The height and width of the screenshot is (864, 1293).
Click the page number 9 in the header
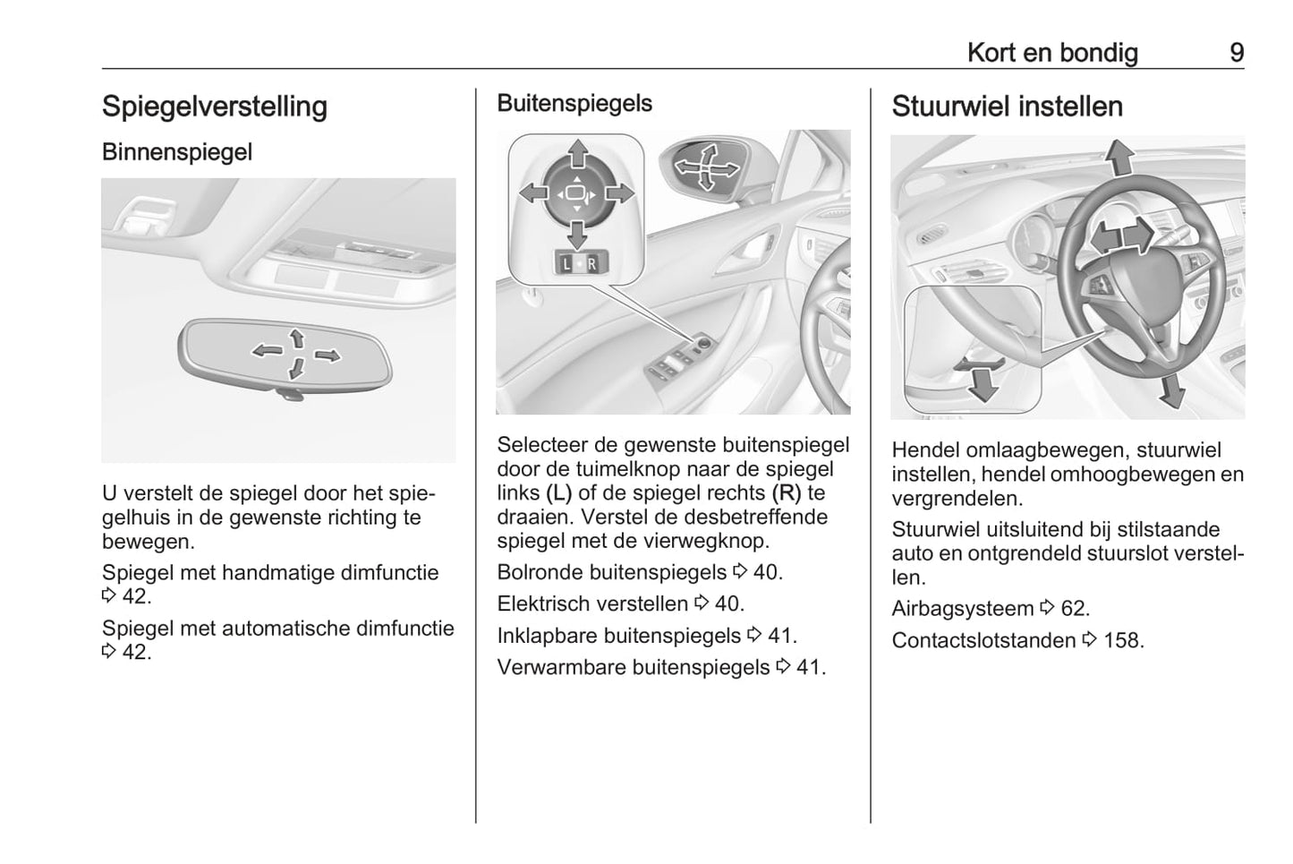(x=1236, y=53)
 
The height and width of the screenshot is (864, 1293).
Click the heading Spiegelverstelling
(x=215, y=107)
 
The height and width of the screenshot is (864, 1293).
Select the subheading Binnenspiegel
(x=177, y=152)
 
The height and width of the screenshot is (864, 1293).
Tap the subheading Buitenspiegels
(x=574, y=104)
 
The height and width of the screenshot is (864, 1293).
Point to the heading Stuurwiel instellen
(x=1007, y=107)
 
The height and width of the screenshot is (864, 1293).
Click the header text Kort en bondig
(x=1052, y=53)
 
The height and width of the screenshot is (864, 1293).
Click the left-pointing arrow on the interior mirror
(x=267, y=350)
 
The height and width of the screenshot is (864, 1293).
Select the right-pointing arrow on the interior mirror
(x=328, y=356)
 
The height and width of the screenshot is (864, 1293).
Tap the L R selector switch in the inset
(x=579, y=263)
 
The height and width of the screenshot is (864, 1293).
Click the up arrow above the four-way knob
(x=578, y=152)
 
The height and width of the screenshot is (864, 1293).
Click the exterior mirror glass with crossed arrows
(x=703, y=167)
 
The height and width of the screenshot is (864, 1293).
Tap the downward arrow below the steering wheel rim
(x=1170, y=390)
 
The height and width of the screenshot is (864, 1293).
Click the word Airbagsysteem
(x=963, y=609)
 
